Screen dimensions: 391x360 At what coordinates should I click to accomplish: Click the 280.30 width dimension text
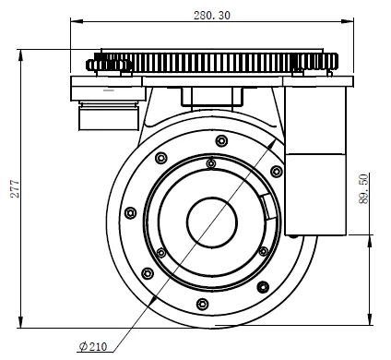point(212,16)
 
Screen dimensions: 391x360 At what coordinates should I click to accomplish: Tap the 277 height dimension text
point(15,188)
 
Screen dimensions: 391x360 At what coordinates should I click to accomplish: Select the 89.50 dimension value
point(363,188)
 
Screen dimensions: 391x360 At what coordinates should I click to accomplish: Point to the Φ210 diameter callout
point(93,346)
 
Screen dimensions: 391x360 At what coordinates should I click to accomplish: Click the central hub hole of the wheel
point(212,222)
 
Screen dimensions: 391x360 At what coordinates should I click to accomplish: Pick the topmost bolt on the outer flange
point(221,141)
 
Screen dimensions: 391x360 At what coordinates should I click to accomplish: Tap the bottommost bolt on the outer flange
point(202,304)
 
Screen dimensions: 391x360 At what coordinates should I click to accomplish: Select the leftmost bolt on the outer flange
point(131,213)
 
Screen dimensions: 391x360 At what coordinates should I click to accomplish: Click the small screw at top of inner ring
point(211,163)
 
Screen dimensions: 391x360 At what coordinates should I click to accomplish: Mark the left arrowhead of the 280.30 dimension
point(77,21)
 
